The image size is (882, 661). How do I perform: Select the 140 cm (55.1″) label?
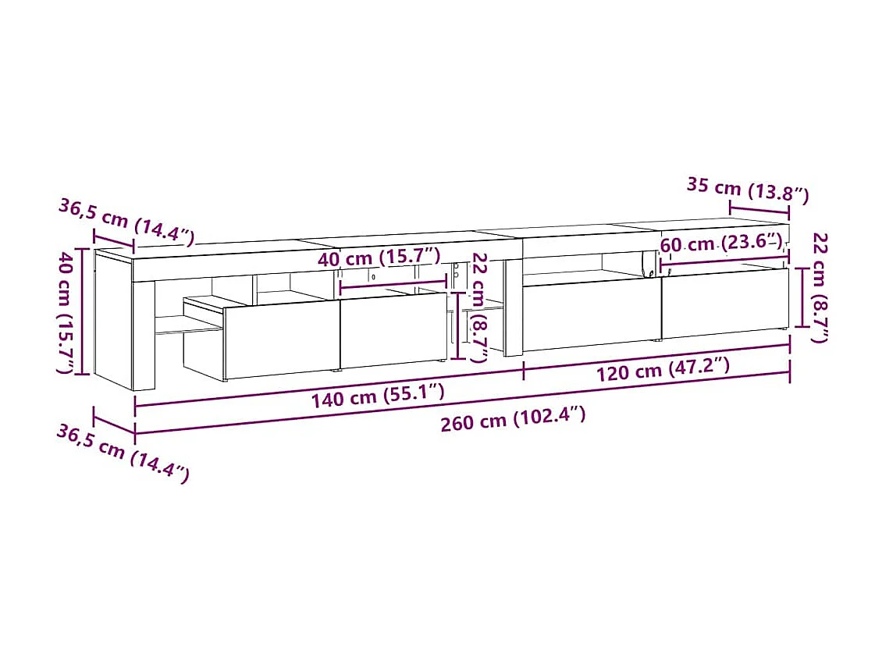point(378,396)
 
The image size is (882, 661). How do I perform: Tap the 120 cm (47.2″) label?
point(663,368)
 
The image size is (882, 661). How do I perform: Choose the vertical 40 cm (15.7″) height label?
point(69,312)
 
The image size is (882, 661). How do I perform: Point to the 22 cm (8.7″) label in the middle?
point(479,307)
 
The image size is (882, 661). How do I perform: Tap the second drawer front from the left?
point(392,329)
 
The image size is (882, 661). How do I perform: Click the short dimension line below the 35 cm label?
point(759,209)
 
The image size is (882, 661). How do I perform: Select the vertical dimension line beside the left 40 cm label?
point(83,312)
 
